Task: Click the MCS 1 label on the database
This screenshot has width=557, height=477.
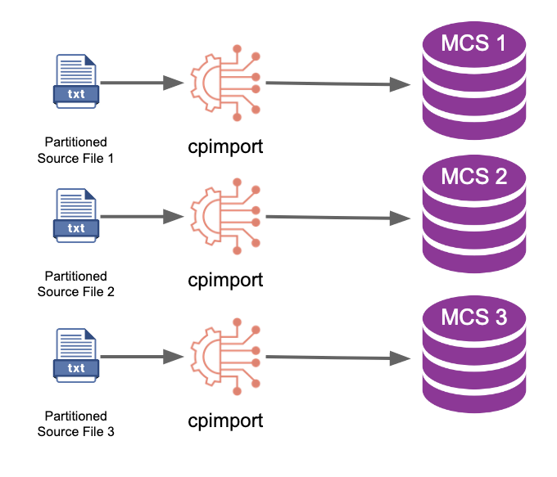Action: tap(473, 43)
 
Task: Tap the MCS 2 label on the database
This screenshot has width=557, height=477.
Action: tap(474, 177)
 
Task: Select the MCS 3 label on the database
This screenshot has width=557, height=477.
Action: tap(474, 317)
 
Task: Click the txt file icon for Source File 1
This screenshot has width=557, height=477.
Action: tap(76, 81)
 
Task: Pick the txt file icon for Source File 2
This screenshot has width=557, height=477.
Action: tap(76, 215)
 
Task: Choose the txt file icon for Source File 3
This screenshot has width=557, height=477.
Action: tap(76, 355)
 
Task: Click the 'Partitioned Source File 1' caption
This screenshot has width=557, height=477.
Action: tap(75, 150)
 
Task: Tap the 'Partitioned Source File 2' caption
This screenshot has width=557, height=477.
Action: tap(75, 284)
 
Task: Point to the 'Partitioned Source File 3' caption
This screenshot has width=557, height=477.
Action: tap(75, 424)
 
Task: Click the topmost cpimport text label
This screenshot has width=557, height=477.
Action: tap(225, 147)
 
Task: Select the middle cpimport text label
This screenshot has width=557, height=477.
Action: tap(225, 281)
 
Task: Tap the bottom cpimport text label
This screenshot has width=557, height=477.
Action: tap(225, 421)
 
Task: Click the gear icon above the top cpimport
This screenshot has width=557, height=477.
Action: tap(225, 83)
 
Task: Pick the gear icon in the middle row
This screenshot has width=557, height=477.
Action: tap(225, 217)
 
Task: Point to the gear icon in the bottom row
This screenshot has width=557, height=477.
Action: tap(225, 357)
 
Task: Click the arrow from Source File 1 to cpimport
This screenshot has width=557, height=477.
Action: tap(142, 83)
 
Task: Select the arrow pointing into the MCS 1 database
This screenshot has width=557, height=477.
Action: tap(338, 83)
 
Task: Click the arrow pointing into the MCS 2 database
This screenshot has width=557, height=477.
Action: tap(338, 218)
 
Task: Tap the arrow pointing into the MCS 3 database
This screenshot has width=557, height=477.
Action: tap(338, 358)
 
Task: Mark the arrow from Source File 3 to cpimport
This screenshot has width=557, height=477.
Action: tap(142, 357)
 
